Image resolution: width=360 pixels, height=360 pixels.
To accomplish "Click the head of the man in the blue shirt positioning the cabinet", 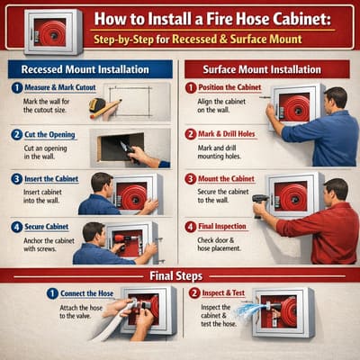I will click(x=334, y=97).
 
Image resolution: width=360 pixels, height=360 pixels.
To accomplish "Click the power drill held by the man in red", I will click(x=261, y=201).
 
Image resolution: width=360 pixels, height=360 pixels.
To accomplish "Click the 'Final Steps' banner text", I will click(x=180, y=274).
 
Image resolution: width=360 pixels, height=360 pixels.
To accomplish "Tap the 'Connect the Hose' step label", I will click(x=75, y=293).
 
